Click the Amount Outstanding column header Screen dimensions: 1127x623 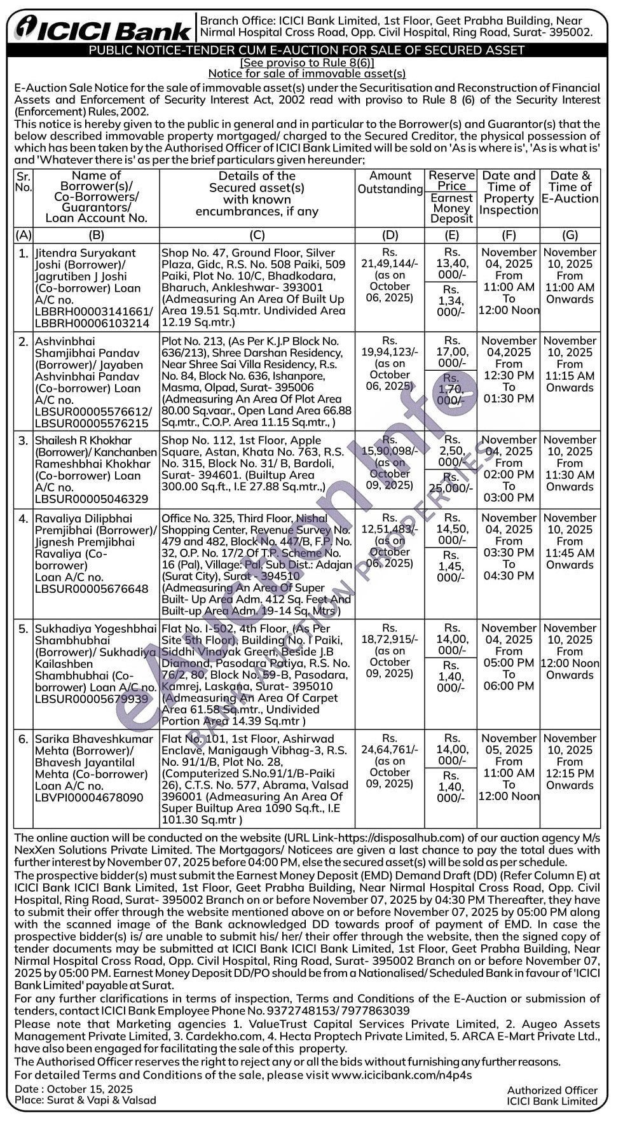click(x=390, y=183)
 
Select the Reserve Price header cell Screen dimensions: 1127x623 click(x=451, y=181)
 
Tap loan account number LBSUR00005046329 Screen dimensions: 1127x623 click(x=92, y=499)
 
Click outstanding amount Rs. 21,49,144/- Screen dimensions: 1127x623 click(x=390, y=258)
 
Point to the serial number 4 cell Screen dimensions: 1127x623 click(x=23, y=519)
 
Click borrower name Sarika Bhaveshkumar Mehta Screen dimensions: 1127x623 click(x=93, y=745)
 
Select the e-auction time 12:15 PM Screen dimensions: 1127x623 click(x=570, y=773)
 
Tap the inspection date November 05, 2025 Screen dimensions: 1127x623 click(x=509, y=744)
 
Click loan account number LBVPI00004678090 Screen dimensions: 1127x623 click(x=89, y=798)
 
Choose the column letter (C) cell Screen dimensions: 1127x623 click(x=257, y=235)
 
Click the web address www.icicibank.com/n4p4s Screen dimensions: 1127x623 click(x=401, y=1075)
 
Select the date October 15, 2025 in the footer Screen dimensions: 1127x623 click(x=88, y=1089)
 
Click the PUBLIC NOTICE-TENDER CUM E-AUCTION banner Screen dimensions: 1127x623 click(x=306, y=50)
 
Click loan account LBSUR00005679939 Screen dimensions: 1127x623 click(x=92, y=699)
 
